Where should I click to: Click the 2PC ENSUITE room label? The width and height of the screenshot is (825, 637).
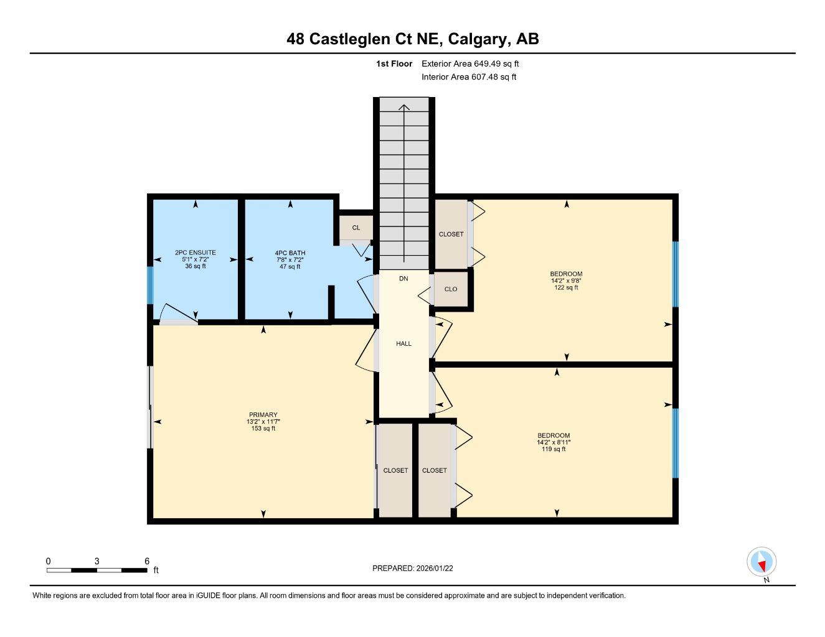pos(196,253)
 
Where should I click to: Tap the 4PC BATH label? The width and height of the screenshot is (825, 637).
pos(290,253)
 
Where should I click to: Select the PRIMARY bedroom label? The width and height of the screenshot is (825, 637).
pos(263,415)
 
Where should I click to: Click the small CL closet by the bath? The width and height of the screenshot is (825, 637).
pos(356,228)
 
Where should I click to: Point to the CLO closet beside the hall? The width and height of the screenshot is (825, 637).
pos(451,289)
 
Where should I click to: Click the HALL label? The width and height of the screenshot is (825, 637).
pos(403,343)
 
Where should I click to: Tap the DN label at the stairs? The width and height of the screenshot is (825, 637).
pos(403,279)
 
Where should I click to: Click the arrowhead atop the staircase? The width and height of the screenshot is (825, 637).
pos(404,107)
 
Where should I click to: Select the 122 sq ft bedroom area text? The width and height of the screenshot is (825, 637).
pos(566,287)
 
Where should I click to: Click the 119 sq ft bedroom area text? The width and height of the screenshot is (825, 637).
pos(554,449)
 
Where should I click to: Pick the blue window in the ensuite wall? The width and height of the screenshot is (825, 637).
pos(149,285)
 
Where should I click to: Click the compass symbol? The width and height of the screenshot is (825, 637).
pos(761,562)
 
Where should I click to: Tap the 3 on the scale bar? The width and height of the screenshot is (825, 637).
pos(97,561)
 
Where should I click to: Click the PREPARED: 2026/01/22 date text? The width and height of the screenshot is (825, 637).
pos(417,568)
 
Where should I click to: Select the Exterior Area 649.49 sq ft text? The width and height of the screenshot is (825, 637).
pos(470,63)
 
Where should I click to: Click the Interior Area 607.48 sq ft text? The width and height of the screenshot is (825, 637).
pos(469,77)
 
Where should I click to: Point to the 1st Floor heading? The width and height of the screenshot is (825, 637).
pos(394,63)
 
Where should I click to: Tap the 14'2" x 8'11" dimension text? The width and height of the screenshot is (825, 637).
pos(554,442)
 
